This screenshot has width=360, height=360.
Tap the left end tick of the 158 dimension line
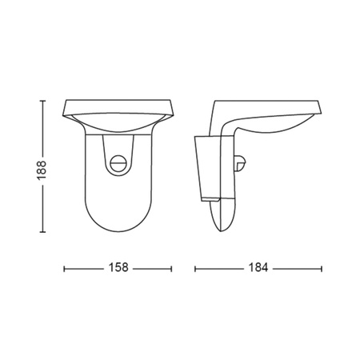[64, 269]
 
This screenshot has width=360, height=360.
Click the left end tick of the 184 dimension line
[194, 269]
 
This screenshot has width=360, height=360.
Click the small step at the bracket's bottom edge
[210, 196]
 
